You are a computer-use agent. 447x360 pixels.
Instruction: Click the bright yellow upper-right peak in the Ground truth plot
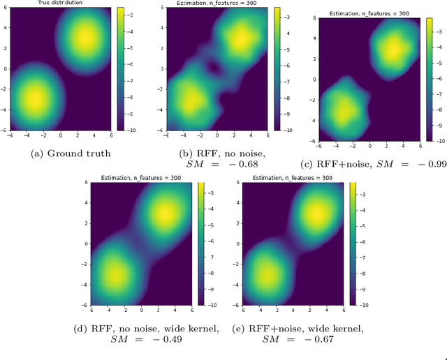85,38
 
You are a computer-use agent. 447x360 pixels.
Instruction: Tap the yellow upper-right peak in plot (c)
393,50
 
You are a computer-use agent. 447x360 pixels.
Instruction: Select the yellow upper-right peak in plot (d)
162,212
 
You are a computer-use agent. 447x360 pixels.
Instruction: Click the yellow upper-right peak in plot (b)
240,40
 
